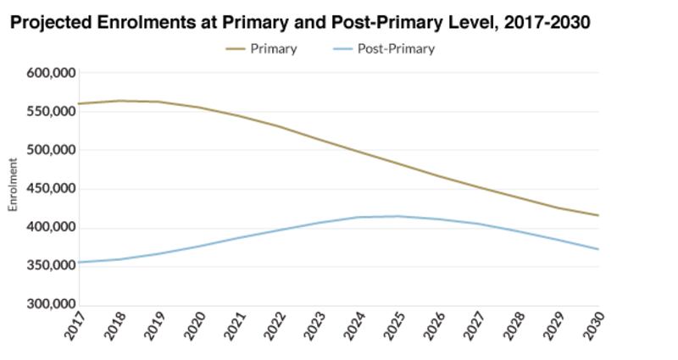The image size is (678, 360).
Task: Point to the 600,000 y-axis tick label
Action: point(53,73)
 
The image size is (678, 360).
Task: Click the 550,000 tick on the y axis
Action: point(53,112)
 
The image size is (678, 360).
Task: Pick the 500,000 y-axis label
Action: point(53,151)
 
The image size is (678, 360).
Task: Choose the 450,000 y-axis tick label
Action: point(53,189)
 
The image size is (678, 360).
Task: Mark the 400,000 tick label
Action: point(53,228)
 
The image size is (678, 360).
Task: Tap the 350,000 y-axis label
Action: point(53,267)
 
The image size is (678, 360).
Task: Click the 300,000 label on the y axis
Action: point(53,305)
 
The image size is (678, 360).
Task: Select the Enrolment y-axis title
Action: point(13,189)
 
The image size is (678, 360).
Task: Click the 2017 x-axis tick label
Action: point(74,326)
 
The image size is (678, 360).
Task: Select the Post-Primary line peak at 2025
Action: point(397,216)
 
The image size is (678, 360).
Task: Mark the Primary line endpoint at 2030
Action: point(598,216)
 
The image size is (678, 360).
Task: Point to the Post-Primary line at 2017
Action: point(80,262)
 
